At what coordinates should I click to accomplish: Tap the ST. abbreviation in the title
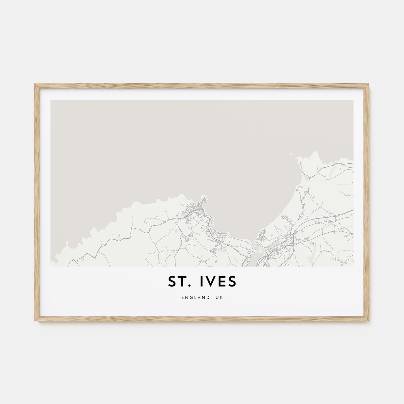(178, 282)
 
